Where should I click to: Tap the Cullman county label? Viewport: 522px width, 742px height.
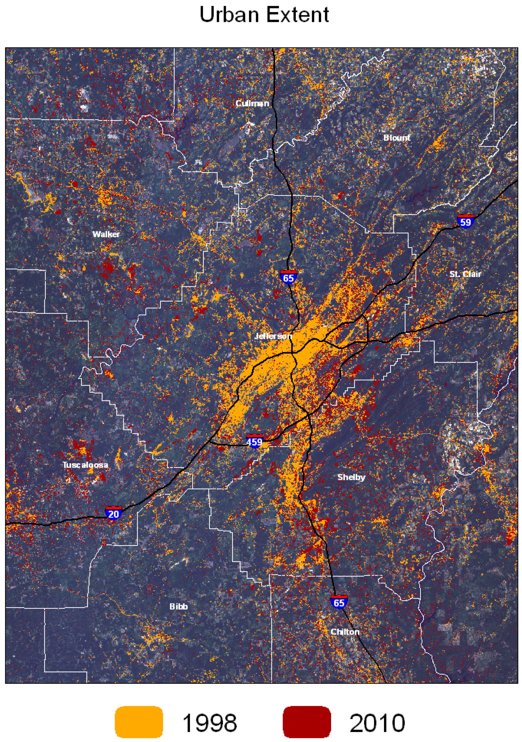[x=252, y=103]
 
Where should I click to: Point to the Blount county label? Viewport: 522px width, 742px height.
[x=397, y=138]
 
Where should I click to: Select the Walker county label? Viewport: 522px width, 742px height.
[x=106, y=234]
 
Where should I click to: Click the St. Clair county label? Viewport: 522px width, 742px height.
[x=465, y=274]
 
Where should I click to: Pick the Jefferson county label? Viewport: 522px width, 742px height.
[x=273, y=336]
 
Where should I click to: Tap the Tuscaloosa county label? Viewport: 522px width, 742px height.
[x=85, y=465]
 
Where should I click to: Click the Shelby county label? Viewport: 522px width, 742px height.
[x=351, y=477]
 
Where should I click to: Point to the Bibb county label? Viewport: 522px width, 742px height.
[x=179, y=607]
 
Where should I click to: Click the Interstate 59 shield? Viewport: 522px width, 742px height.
[x=466, y=221]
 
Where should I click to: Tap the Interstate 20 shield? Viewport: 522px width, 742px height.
[x=113, y=513]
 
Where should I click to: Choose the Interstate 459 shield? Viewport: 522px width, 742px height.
[x=255, y=441]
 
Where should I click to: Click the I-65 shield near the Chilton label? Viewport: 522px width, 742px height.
[x=339, y=602]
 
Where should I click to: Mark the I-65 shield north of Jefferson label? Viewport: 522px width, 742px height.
[x=288, y=277]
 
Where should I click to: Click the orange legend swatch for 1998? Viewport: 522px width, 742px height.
[x=139, y=722]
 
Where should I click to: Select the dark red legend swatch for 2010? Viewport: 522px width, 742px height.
[x=307, y=722]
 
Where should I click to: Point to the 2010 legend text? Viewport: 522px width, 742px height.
[x=377, y=723]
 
